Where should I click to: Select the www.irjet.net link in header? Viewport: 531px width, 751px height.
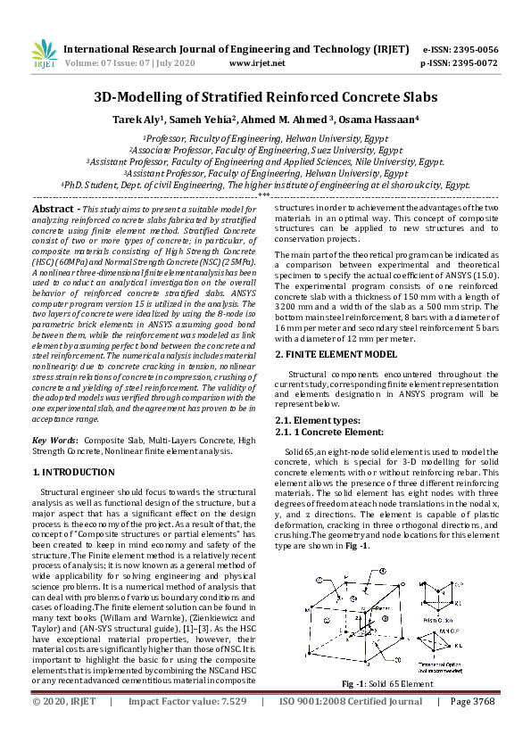pyautogui.click(x=257, y=64)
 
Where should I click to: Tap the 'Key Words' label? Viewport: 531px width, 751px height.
pyautogui.click(x=54, y=441)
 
